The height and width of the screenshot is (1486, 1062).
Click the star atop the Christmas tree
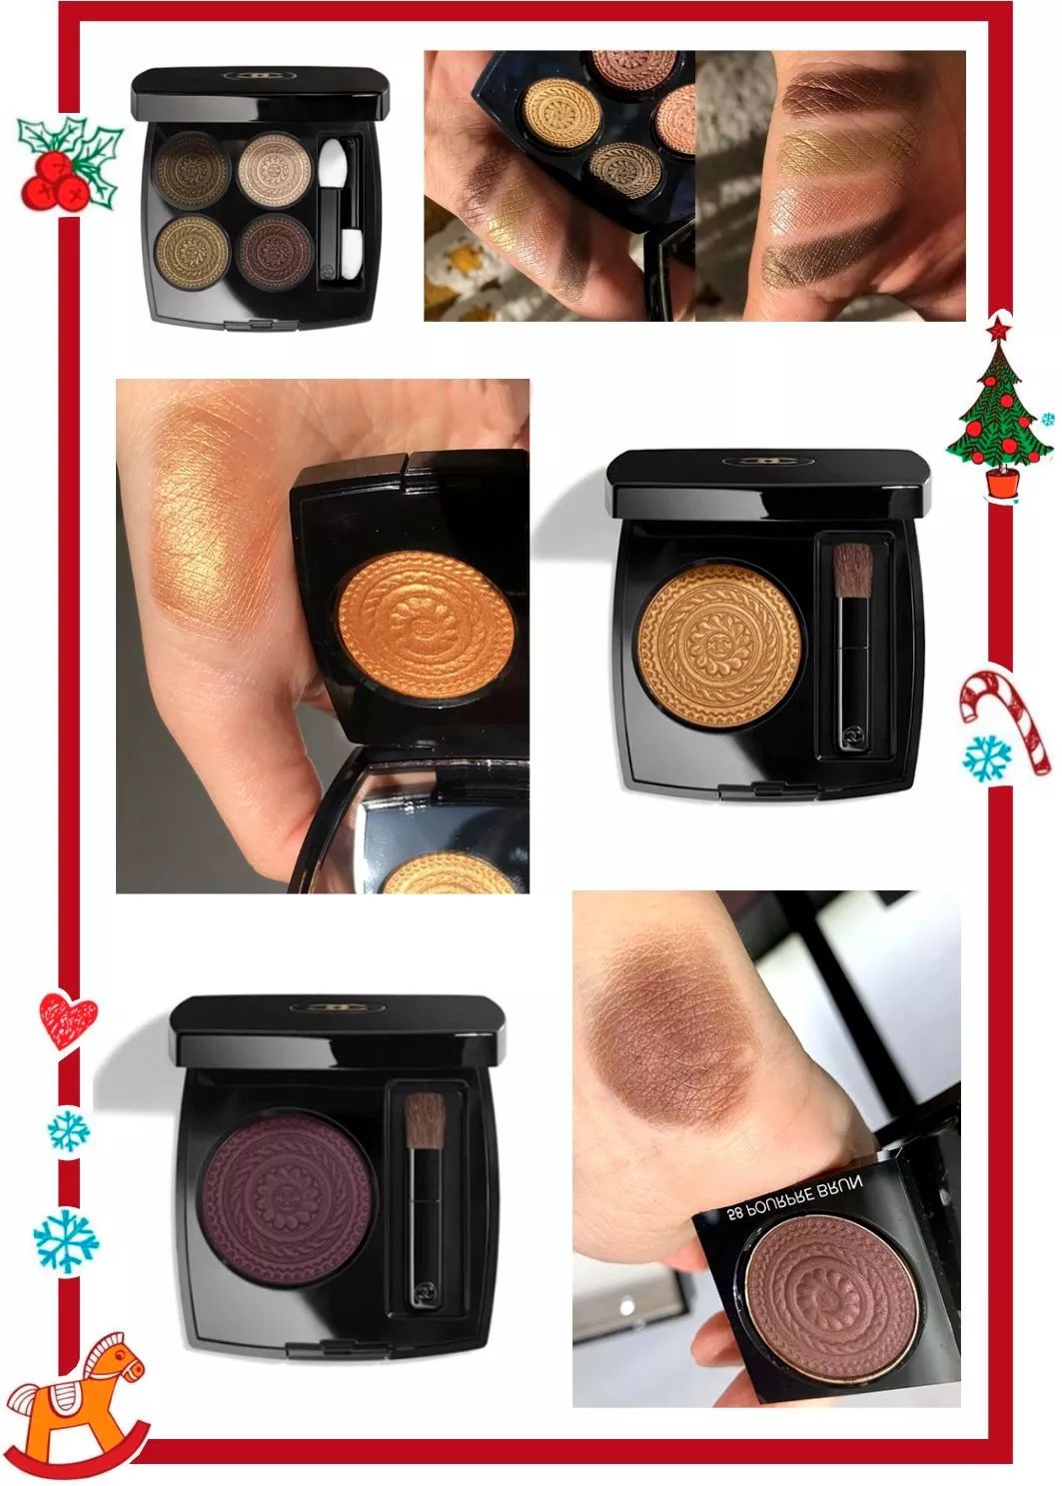pos(996,328)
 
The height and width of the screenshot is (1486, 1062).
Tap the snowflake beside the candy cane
pos(987,756)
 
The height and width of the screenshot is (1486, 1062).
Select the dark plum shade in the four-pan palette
pos(275,248)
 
